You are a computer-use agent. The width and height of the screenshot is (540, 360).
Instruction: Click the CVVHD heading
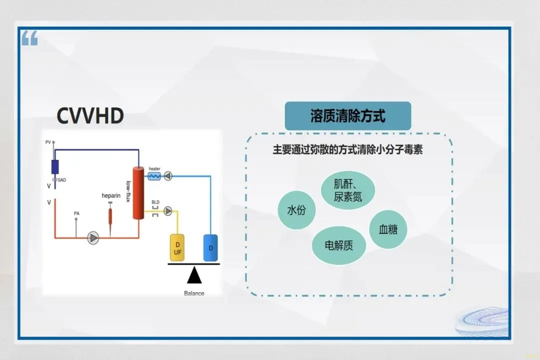90,116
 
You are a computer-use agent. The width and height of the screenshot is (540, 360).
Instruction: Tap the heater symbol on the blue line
154,175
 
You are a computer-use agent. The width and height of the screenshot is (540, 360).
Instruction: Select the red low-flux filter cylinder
138,193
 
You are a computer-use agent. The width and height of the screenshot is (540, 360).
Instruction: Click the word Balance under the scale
194,293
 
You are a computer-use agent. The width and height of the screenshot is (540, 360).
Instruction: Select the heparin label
111,195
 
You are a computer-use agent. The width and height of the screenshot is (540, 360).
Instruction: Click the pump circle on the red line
93,238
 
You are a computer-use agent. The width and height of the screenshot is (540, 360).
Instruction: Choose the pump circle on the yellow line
168,211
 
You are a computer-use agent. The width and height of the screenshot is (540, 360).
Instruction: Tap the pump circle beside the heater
168,175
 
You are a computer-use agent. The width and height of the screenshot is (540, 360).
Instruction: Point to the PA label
76,213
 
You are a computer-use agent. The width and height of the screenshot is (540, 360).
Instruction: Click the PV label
48,142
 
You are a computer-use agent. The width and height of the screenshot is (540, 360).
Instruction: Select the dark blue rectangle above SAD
55,166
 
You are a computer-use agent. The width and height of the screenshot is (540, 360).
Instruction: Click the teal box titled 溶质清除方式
348,116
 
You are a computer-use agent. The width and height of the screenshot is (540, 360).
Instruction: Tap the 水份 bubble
297,210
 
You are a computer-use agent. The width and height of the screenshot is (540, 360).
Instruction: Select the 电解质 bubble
339,245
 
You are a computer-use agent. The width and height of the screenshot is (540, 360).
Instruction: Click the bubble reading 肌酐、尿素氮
348,190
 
